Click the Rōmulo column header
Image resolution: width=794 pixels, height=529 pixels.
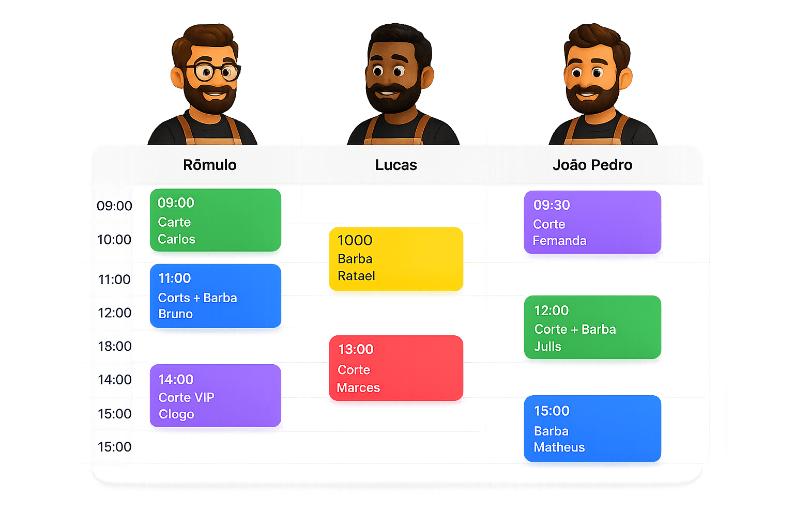click(210, 165)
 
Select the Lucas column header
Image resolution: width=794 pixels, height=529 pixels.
click(396, 165)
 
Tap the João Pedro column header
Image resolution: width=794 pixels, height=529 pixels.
click(592, 165)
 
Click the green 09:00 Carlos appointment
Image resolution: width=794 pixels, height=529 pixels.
click(216, 220)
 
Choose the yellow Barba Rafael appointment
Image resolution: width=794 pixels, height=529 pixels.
click(396, 259)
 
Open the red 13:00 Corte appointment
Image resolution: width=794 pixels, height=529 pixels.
click(396, 368)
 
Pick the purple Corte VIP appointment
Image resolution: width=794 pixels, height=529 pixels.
click(216, 395)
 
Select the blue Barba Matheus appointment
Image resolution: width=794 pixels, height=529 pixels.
click(592, 428)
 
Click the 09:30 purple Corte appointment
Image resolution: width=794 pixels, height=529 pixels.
click(592, 222)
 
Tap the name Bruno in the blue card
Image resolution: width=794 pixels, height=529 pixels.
click(175, 314)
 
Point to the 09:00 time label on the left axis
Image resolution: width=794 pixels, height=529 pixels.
click(114, 206)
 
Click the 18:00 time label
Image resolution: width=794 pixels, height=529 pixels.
click(114, 346)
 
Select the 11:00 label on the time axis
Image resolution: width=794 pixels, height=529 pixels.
click(114, 279)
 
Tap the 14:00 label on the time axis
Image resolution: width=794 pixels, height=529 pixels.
click(114, 380)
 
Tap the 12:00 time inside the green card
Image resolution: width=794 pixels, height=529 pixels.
click(551, 311)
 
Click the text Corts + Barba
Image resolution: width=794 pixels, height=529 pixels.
click(197, 298)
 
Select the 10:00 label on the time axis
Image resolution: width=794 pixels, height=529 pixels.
click(114, 240)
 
